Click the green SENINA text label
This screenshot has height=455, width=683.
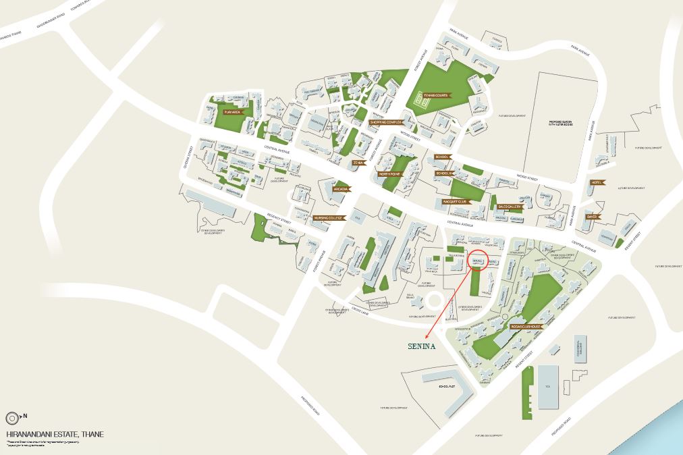[x=422, y=346]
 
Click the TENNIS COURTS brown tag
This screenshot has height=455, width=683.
[x=435, y=96]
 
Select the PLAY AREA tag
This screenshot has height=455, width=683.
[x=233, y=112]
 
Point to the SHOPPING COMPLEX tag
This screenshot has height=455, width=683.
[x=387, y=122]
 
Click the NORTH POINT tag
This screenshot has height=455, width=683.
[x=389, y=174]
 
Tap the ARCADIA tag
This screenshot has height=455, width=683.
[x=339, y=189]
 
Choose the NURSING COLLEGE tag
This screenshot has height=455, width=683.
[x=329, y=218]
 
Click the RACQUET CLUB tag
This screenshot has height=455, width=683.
[x=455, y=200]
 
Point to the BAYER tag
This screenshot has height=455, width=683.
[x=592, y=217]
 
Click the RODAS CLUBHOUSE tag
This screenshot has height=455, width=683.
[x=527, y=326]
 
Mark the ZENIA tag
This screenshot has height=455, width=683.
[x=358, y=163]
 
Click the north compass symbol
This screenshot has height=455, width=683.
[x=11, y=419]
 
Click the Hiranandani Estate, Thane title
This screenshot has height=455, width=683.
[x=55, y=434]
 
